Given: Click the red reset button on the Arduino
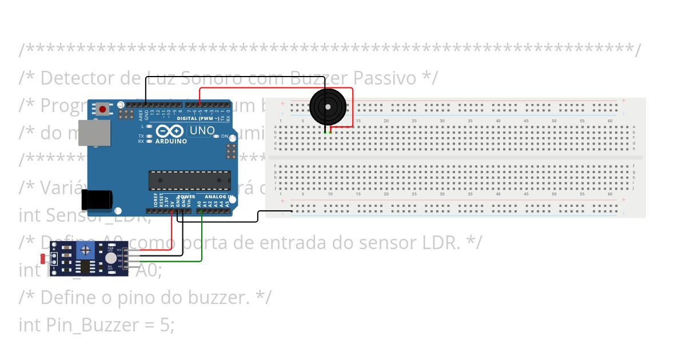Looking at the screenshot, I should tap(103, 109).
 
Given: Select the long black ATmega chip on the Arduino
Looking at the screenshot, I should tap(190, 180).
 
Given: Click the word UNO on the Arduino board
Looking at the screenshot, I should tap(202, 131).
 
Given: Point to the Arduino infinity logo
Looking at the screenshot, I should tap(170, 131).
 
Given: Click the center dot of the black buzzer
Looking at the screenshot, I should tap(328, 106).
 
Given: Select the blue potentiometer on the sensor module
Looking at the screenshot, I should tap(86, 250).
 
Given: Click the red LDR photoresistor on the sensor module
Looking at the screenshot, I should tap(44, 259).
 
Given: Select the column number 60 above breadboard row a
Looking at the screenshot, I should tap(610, 121).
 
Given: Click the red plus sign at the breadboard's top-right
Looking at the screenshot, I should tap(623, 101).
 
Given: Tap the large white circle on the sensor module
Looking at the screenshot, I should tap(110, 259).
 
